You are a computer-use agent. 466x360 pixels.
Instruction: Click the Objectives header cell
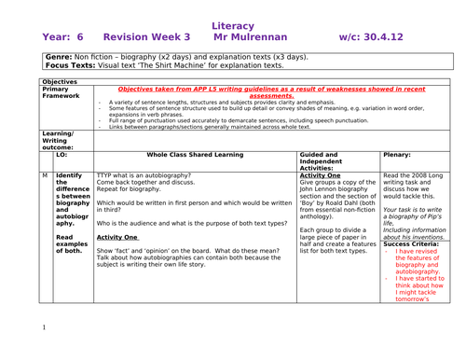[60, 81]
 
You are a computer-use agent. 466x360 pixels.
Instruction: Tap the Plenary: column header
[398, 154]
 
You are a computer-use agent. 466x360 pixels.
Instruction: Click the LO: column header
[62, 154]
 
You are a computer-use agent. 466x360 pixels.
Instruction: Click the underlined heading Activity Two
[117, 237]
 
